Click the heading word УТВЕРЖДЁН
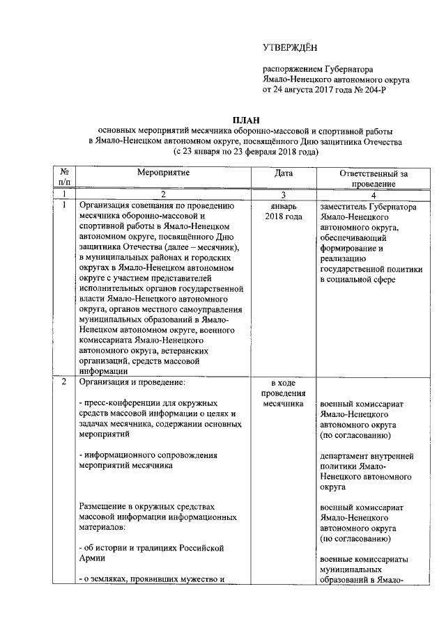click(x=289, y=47)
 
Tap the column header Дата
click(x=283, y=172)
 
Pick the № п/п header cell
click(x=64, y=178)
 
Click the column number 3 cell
click(x=283, y=194)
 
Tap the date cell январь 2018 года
click(x=283, y=212)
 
